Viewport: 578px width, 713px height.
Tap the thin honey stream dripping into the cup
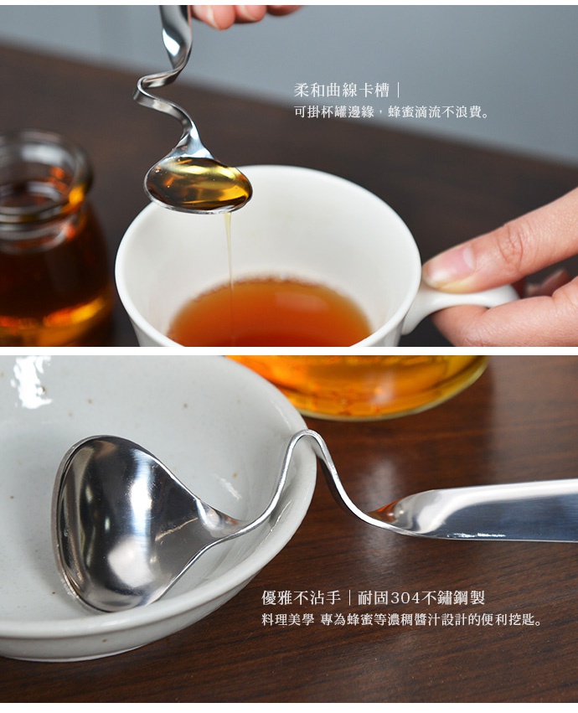(228, 251)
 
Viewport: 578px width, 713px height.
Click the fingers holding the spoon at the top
(243, 13)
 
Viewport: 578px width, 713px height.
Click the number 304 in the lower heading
(405, 598)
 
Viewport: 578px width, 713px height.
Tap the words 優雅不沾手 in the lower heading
(301, 598)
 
